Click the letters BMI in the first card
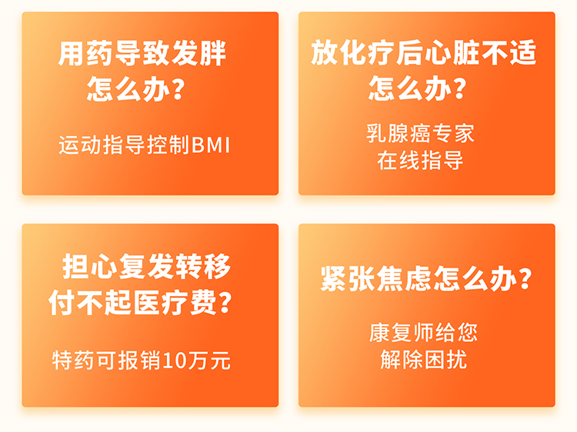(211, 145)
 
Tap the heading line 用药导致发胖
(142, 54)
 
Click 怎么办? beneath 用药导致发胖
(135, 88)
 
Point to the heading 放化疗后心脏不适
(424, 52)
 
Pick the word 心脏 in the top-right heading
(452, 52)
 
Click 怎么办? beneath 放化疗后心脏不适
(418, 88)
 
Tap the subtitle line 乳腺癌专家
(420, 133)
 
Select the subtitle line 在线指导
(420, 161)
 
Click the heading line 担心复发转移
(146, 266)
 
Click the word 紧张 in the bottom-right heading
(348, 279)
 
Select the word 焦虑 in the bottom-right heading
(405, 279)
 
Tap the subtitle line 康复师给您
(423, 332)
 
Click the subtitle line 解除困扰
(424, 360)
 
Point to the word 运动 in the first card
(80, 145)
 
